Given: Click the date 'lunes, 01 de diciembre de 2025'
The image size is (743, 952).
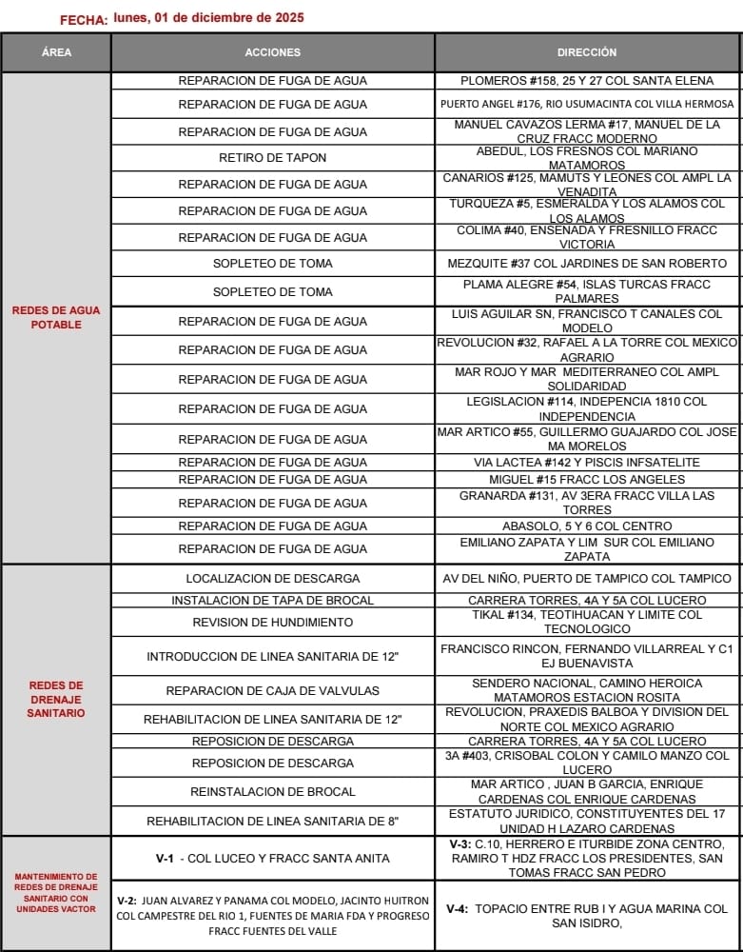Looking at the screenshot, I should point(208,17).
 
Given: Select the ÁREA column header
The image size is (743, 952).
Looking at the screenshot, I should point(56,52).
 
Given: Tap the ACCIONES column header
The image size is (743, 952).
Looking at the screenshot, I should point(272,52).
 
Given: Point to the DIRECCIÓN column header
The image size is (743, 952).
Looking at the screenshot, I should point(587,52).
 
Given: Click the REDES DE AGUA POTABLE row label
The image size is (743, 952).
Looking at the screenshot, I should point(56,318).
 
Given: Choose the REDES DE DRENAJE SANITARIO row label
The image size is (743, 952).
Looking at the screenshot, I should point(56,699).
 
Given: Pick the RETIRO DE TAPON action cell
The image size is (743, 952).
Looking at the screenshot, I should point(272,158).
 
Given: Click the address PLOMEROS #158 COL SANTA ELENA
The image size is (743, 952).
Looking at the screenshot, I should point(587,81).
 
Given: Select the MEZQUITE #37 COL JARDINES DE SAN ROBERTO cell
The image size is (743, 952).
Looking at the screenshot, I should point(587,264).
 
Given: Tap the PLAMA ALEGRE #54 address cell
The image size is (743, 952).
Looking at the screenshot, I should point(587,291).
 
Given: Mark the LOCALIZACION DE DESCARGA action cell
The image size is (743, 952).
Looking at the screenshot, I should point(272,579).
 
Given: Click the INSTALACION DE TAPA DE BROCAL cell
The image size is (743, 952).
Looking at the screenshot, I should point(272,601).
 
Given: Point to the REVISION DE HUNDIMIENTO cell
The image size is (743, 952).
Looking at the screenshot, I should point(272,623).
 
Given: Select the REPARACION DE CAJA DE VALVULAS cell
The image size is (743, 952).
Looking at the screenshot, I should point(272,691).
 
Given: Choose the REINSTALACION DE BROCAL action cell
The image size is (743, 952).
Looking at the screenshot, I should point(272,792).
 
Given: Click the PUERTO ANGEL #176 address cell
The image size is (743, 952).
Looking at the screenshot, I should point(587,104).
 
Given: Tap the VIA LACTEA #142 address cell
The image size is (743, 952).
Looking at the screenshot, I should point(587,463).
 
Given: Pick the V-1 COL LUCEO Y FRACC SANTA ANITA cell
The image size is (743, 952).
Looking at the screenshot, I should point(272,859).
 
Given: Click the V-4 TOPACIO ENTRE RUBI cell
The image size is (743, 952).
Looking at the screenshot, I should point(587,916).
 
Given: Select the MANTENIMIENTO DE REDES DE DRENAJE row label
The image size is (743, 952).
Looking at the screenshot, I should point(56,893).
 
